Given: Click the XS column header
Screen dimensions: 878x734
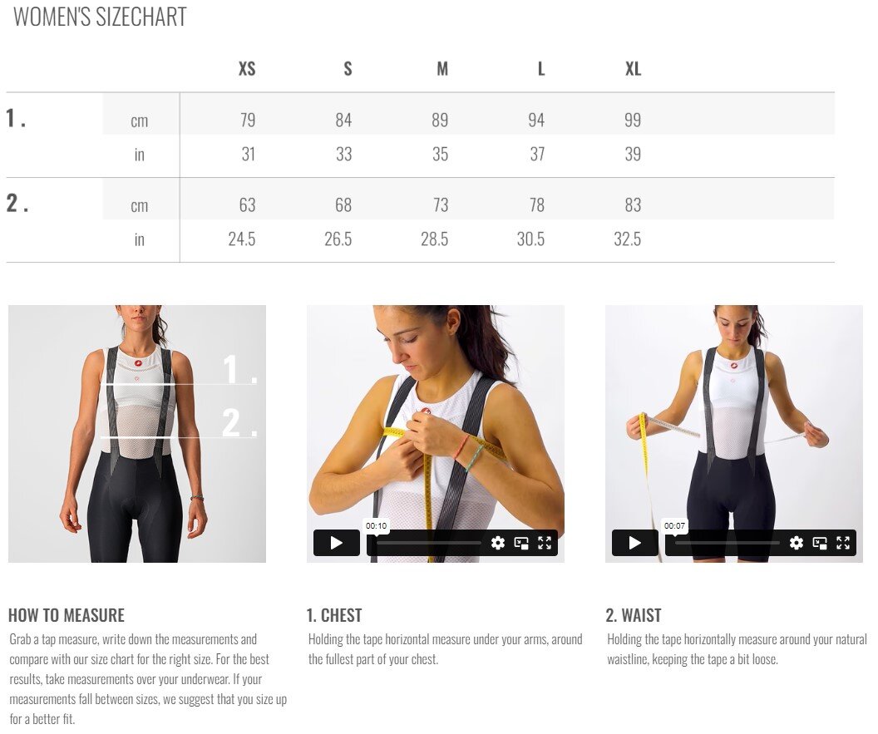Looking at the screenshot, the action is (x=247, y=68).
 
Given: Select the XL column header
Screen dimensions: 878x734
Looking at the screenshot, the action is (x=633, y=68).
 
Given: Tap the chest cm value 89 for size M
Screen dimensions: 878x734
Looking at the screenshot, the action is (x=440, y=120).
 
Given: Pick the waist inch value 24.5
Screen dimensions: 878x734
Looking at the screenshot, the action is (x=241, y=239).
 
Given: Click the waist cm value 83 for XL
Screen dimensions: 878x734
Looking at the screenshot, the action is (x=633, y=205).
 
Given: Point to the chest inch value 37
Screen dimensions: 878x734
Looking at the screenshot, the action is (x=537, y=154).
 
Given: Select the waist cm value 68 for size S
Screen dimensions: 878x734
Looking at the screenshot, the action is (x=343, y=205).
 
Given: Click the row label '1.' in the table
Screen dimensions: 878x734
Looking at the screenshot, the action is (x=16, y=118).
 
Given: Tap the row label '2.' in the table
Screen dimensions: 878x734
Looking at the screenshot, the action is (x=17, y=203).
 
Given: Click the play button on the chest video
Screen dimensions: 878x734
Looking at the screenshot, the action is (x=337, y=543).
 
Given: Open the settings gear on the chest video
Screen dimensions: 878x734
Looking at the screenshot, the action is (x=498, y=543).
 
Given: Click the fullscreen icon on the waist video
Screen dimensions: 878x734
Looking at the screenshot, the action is (x=843, y=543).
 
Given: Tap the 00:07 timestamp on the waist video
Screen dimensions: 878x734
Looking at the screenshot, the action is (x=674, y=525).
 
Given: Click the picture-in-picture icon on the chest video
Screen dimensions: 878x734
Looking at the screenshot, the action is (x=521, y=543).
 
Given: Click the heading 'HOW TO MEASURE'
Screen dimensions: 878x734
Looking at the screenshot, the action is (x=66, y=615).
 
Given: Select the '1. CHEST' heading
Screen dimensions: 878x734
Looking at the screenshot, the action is (x=333, y=615).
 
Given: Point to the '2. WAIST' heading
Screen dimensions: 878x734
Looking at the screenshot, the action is (x=634, y=615).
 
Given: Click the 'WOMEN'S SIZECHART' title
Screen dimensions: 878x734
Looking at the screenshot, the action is (x=100, y=17).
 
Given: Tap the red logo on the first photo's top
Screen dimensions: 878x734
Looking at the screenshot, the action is (x=138, y=362).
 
